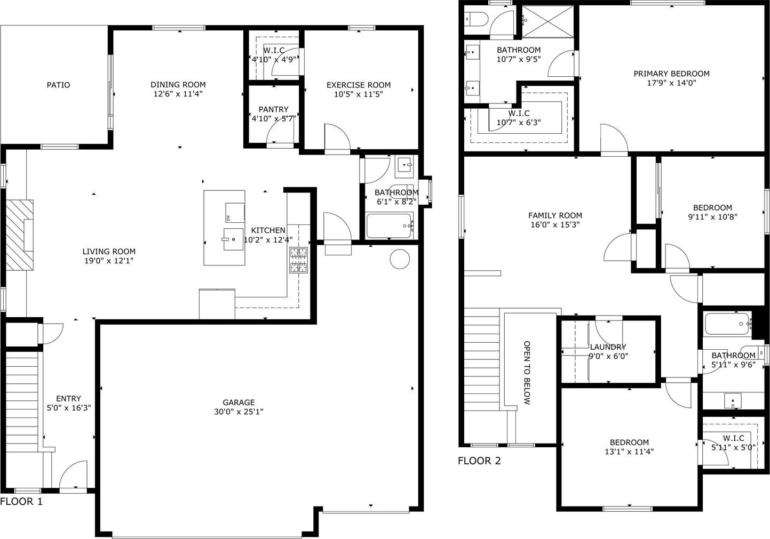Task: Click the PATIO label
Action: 58,85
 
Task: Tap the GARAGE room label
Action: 239,403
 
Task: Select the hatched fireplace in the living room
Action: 20,235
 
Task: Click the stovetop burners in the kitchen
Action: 298,260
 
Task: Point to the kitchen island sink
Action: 233,239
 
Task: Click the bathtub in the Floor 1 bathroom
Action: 390,226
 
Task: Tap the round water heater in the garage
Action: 400,259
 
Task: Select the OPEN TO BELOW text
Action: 527,373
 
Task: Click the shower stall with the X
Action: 548,21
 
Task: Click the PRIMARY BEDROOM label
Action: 671,74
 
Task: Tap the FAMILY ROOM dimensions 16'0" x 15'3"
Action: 555,224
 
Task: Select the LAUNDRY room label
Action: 608,347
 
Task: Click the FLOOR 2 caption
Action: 479,461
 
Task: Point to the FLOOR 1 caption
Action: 21,502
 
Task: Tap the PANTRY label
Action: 273,109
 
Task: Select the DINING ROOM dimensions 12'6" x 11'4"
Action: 178,94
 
